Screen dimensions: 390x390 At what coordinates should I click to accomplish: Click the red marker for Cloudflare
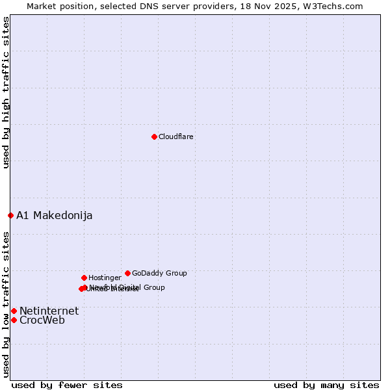pos(154,136)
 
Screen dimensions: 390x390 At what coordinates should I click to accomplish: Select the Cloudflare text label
pos(175,137)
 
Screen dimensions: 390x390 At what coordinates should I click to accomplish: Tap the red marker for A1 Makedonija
pos(10,215)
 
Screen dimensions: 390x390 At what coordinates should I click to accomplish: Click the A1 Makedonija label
pos(54,216)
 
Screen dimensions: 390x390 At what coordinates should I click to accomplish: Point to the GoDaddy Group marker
pos(127,273)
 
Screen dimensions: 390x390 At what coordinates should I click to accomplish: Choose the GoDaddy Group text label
pos(159,274)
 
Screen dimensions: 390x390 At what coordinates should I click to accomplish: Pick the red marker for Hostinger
pos(84,278)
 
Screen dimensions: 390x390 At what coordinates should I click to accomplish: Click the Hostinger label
pos(105,278)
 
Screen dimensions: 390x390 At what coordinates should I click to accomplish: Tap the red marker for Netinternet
pos(14,311)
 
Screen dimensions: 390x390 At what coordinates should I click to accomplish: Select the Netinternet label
pos(49,311)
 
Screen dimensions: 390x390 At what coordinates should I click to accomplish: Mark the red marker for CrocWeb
pos(14,320)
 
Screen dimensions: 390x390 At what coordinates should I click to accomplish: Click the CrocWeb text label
pos(42,320)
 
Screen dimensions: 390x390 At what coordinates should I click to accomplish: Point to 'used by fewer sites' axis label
pos(67,385)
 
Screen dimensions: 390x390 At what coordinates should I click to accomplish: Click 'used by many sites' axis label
pos(326,385)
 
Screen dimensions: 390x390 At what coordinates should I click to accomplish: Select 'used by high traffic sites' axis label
pos(6,92)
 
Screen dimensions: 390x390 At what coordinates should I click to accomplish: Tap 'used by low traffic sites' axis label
pos(6,304)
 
